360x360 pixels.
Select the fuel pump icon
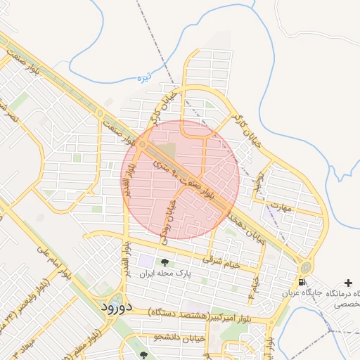[302, 282]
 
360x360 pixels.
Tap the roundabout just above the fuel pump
[306, 267]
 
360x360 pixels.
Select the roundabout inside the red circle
[143, 144]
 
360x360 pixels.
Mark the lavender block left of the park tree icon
[146, 260]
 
